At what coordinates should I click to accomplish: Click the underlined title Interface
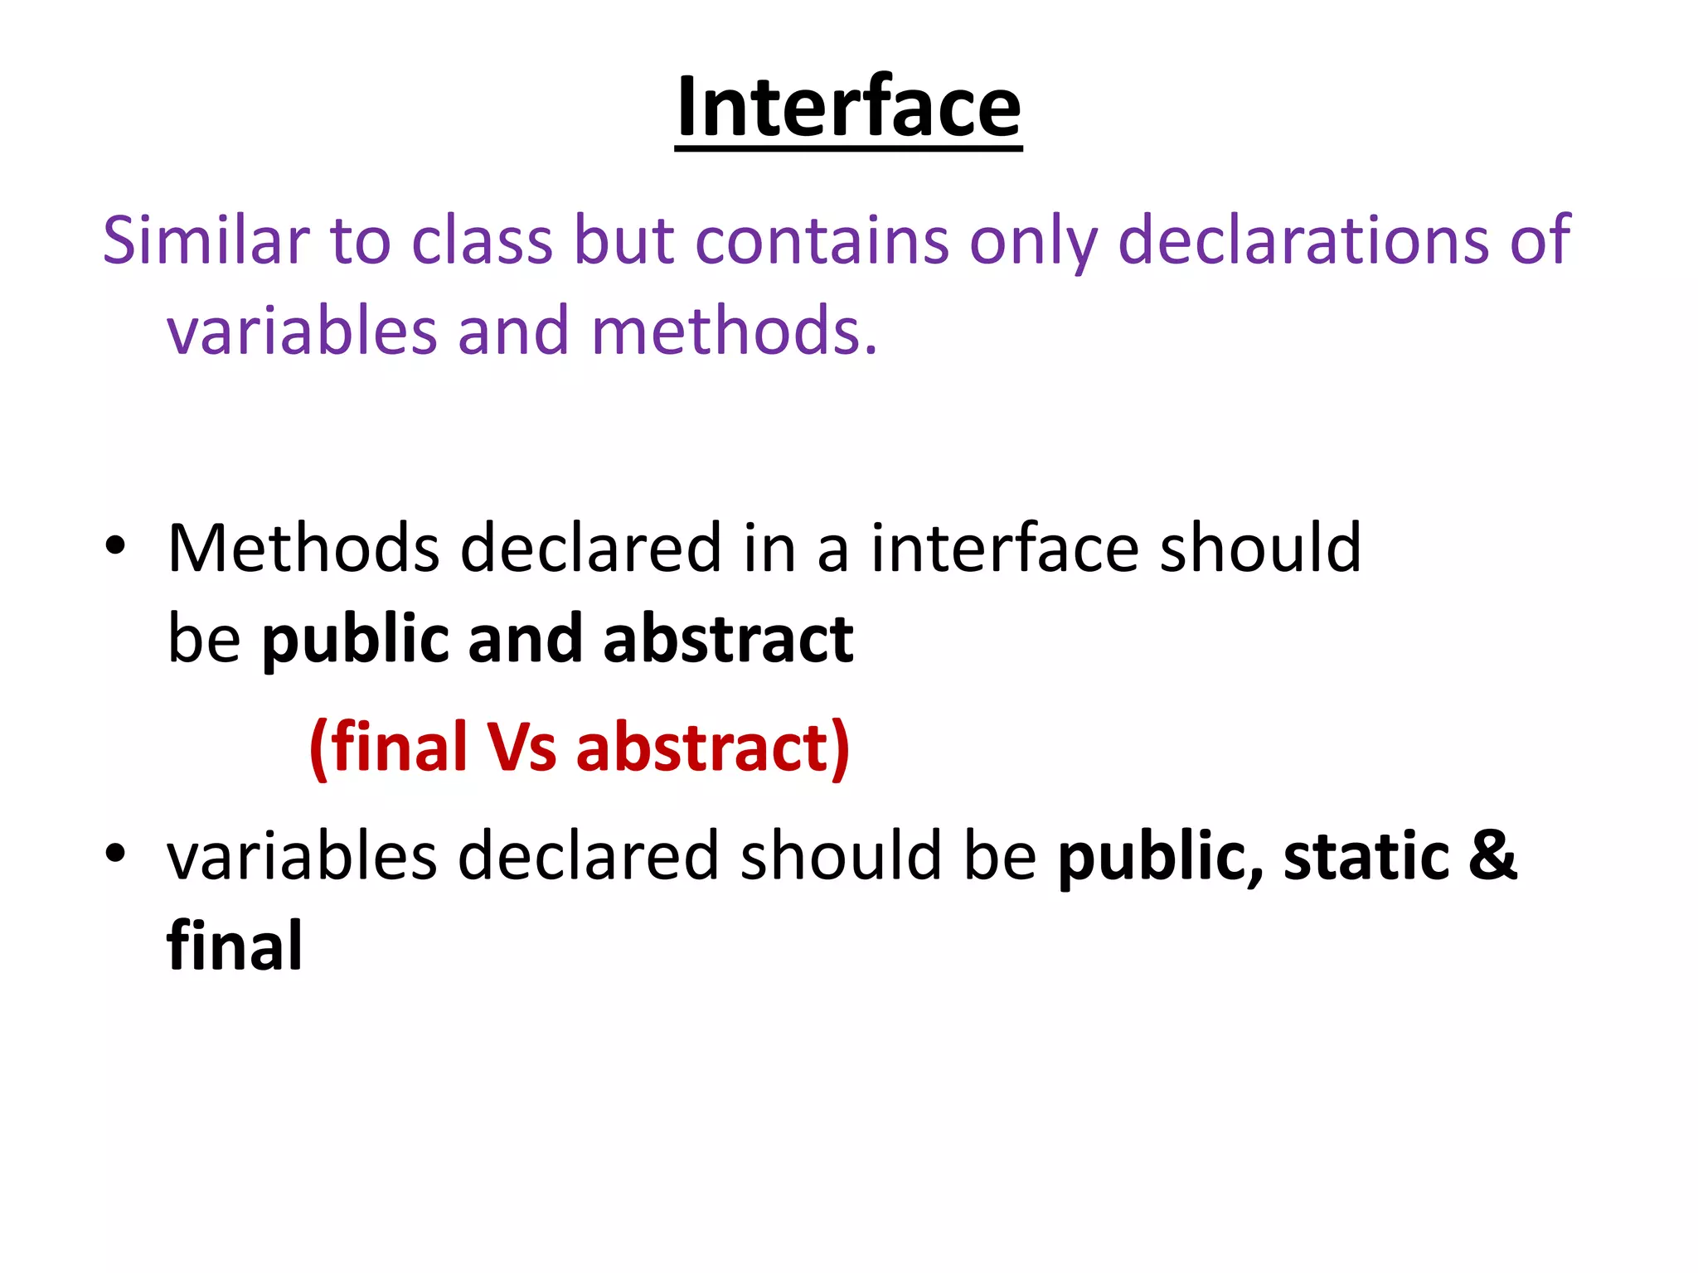click(x=848, y=108)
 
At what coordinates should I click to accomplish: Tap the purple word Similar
click(x=205, y=240)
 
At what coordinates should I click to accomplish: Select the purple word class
click(x=482, y=240)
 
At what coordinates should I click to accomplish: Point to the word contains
click(x=821, y=240)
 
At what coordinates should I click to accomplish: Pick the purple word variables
click(x=302, y=331)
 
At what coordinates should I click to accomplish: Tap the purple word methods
click(x=734, y=331)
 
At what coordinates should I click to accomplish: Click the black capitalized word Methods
click(x=303, y=549)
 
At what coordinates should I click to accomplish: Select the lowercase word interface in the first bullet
click(x=1004, y=549)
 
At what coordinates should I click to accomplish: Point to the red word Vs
click(x=521, y=748)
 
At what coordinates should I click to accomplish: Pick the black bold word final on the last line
click(x=235, y=946)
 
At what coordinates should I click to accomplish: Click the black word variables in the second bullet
click(x=302, y=856)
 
